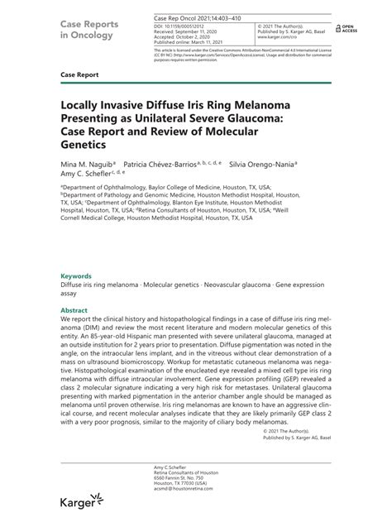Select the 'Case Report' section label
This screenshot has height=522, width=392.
coord(79,74)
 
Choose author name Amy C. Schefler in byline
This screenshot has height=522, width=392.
coord(88,175)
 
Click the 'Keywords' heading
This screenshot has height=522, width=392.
coord(76,275)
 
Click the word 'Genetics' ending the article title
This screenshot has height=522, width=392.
coord(88,143)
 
